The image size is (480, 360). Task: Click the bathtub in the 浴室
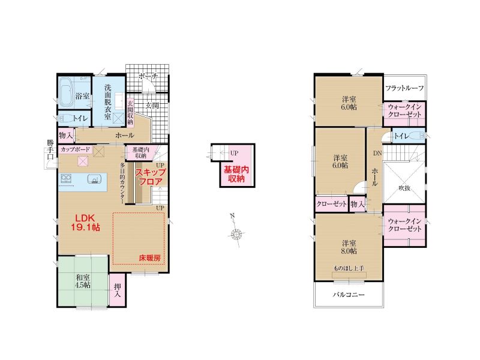pyautogui.click(x=67, y=91)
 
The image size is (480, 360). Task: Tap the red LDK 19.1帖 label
pyautogui.click(x=85, y=223)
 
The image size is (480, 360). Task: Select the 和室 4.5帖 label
pyautogui.click(x=83, y=281)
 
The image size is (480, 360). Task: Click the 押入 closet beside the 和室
pyautogui.click(x=117, y=290)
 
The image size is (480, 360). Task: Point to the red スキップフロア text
pyautogui.click(x=151, y=177)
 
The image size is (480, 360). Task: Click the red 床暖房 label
pyautogui.click(x=149, y=258)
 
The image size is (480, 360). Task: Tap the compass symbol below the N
pyautogui.click(x=236, y=235)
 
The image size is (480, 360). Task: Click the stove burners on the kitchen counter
pyautogui.click(x=66, y=178)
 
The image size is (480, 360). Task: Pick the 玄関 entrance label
pyautogui.click(x=152, y=106)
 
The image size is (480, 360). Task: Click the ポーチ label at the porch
pyautogui.click(x=148, y=76)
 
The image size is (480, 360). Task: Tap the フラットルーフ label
pyautogui.click(x=404, y=88)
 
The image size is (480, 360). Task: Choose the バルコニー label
pyautogui.click(x=349, y=295)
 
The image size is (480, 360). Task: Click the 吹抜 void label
pyautogui.click(x=404, y=188)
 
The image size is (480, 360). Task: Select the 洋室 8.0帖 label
pyautogui.click(x=349, y=247)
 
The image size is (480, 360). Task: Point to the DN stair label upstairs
pyautogui.click(x=377, y=153)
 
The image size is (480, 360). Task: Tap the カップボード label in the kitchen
pyautogui.click(x=76, y=149)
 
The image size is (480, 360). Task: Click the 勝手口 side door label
pyautogui.click(x=50, y=149)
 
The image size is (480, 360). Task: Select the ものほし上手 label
pyautogui.click(x=349, y=268)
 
